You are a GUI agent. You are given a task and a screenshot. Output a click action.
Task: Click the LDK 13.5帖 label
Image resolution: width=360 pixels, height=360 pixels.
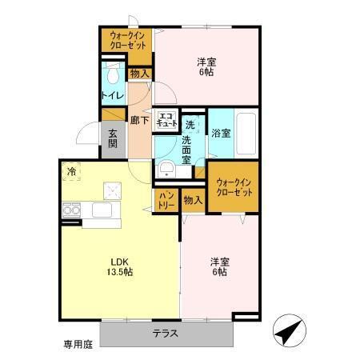click(117, 266)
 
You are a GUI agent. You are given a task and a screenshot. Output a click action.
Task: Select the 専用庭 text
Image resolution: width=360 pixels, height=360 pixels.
click(78, 344)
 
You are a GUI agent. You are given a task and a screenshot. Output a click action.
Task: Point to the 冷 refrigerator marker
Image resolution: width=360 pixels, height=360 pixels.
click(72, 170)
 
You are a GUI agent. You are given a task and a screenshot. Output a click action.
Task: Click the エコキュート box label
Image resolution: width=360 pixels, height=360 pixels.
click(166, 120)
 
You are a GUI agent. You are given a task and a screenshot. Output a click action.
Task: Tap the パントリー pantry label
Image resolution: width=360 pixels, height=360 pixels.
click(166, 199)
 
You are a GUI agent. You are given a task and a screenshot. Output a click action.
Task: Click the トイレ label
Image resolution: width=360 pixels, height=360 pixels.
click(112, 96)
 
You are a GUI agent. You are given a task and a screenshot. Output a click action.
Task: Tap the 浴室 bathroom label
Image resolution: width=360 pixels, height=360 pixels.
click(220, 134)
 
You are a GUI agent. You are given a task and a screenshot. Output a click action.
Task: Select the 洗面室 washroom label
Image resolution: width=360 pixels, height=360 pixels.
click(186, 150)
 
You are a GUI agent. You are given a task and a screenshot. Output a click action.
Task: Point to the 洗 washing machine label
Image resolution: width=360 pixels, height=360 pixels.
click(190, 124)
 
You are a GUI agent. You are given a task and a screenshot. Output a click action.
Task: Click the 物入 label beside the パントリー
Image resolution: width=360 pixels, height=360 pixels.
click(193, 199)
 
